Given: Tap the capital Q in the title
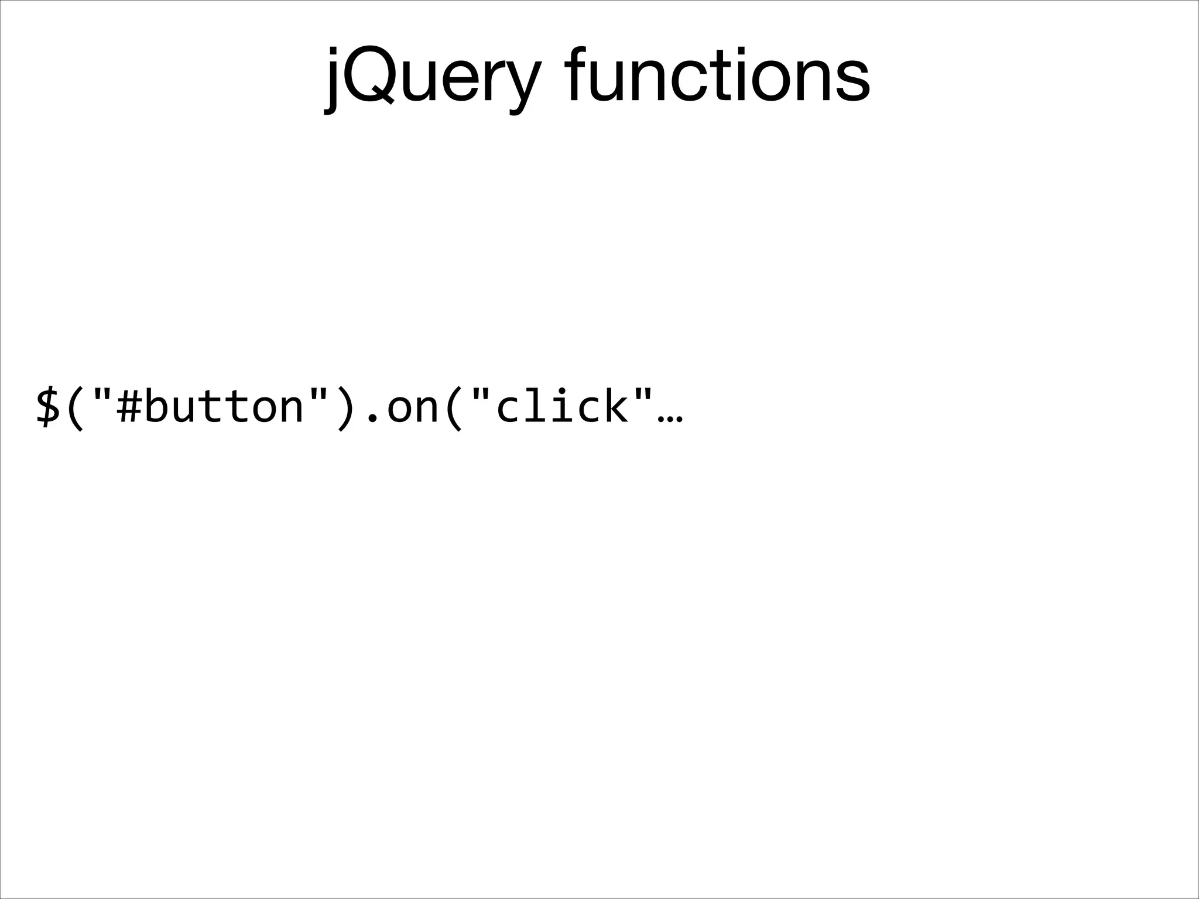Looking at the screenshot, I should [x=368, y=74].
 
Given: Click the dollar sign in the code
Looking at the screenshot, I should [x=48, y=405].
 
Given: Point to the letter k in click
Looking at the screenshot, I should [x=615, y=405].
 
